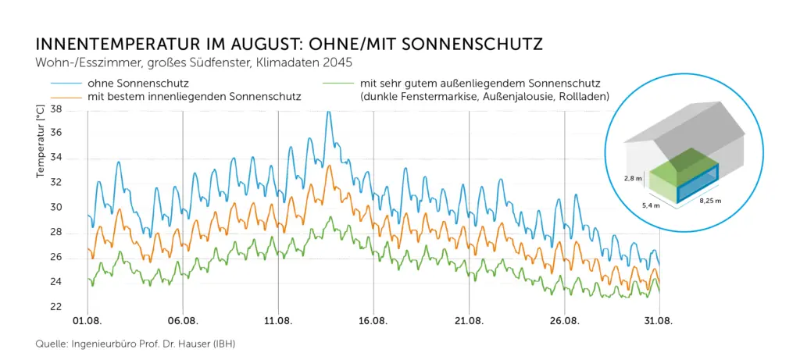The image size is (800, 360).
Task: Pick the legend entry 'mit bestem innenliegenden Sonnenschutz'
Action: [195, 96]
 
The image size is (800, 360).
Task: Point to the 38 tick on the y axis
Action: [55, 109]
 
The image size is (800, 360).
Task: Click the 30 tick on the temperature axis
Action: [55, 208]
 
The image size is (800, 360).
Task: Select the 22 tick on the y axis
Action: [55, 307]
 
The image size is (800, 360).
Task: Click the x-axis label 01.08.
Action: [87, 321]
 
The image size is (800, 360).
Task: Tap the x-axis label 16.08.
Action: [373, 321]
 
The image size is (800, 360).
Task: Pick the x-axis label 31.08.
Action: [659, 321]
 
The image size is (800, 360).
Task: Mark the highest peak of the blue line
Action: [328, 112]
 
